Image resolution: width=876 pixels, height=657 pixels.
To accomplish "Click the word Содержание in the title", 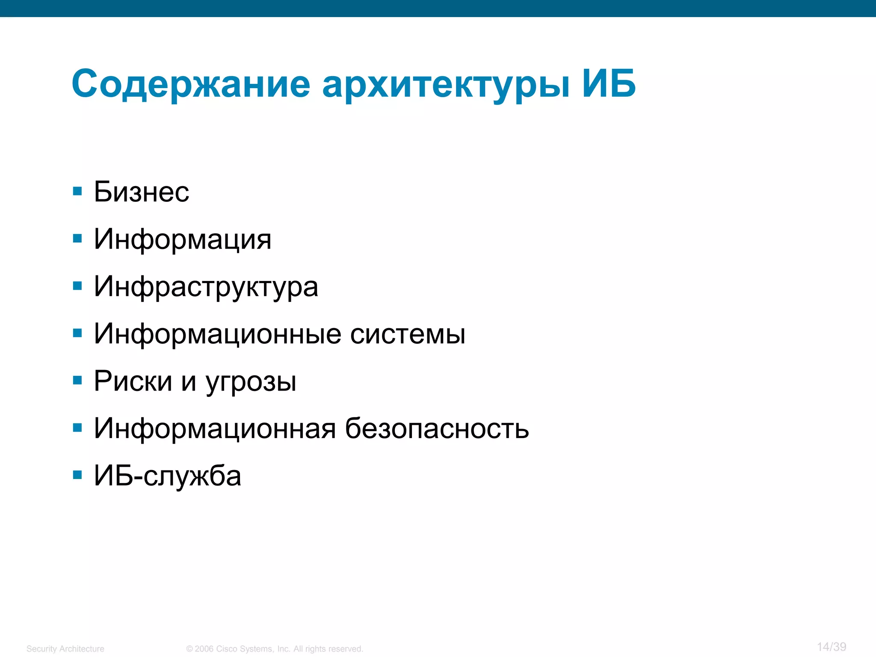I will (x=191, y=84).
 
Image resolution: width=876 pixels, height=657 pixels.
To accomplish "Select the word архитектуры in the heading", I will (x=446, y=86).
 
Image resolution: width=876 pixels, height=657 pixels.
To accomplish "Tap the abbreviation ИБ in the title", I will (x=609, y=83).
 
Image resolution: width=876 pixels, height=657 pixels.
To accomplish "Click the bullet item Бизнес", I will (x=141, y=192).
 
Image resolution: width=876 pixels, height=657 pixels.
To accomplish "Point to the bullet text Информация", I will (x=183, y=239).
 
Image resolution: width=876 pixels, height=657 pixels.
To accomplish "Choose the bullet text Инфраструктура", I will (x=206, y=287).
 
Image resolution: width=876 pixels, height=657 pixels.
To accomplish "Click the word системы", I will (x=408, y=334).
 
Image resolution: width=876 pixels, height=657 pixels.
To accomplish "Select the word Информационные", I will (x=218, y=334).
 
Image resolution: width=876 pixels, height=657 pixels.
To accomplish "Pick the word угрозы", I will (x=251, y=382).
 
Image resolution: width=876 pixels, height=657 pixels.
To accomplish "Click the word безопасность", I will (x=437, y=429).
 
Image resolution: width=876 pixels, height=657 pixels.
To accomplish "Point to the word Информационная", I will (x=215, y=429).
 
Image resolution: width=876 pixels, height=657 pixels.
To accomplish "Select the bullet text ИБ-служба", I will (x=167, y=476).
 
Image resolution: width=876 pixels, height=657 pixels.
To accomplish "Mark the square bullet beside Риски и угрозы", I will (x=77, y=380).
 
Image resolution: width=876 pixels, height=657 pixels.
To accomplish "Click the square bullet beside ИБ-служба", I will (x=77, y=475).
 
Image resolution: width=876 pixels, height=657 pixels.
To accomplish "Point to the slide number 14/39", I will (x=831, y=647).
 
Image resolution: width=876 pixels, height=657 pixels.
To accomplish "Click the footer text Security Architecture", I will (x=65, y=649).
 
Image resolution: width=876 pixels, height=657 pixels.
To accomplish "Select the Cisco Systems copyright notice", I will (x=275, y=649).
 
